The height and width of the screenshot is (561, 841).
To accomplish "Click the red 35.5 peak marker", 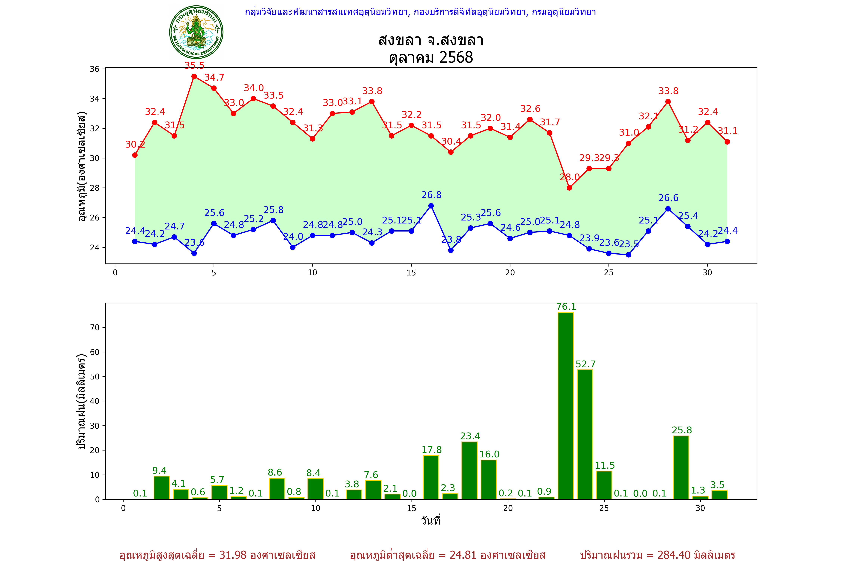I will pyautogui.click(x=194, y=76).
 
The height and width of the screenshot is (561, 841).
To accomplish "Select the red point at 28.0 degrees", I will pyautogui.click(x=569, y=188).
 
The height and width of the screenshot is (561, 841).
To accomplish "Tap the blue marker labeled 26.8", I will pyautogui.click(x=431, y=206).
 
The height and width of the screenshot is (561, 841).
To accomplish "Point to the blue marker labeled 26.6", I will pyautogui.click(x=668, y=209).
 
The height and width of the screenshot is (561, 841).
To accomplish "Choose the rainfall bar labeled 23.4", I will pyautogui.click(x=469, y=470).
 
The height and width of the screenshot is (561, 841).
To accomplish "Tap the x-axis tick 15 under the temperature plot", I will pyautogui.click(x=411, y=273).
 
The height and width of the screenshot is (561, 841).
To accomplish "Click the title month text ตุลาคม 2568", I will pyautogui.click(x=431, y=57).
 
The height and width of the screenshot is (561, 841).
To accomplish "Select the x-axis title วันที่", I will pyautogui.click(x=431, y=521).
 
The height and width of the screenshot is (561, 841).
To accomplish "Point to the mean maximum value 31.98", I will pyautogui.click(x=233, y=555).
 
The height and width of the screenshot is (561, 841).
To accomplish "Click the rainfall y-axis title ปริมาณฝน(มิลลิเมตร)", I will pyautogui.click(x=82, y=401).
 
